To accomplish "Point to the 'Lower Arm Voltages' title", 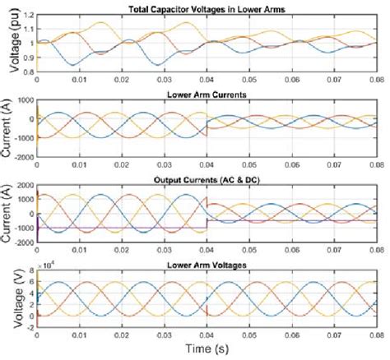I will point(207,265).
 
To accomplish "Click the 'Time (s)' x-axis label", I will point(207,349).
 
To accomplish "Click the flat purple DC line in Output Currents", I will point(123,228).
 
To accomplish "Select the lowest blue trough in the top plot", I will point(74,65).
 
